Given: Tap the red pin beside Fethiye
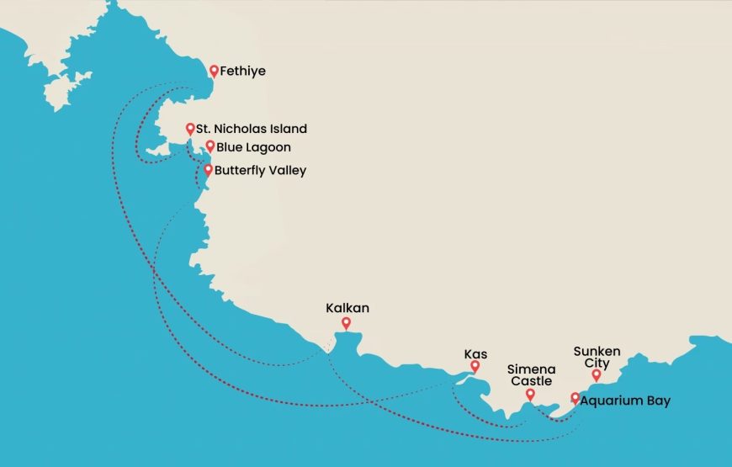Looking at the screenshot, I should tap(215, 72).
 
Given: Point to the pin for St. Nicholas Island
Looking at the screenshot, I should tap(190, 129).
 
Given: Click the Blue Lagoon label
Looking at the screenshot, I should tap(251, 146).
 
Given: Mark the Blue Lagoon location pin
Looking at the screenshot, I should tap(210, 146).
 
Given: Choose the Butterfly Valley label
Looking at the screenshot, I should tap(260, 170).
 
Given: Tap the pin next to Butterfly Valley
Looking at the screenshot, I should tap(208, 169).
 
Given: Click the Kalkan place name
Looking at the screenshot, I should tap(347, 308).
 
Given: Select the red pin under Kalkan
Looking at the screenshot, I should tap(346, 323).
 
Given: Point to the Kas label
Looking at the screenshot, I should tap(475, 353).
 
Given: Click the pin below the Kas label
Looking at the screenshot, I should tap(475, 367).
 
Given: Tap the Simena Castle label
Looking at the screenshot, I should tap(529, 374).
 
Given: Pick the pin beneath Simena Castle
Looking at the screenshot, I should tap(530, 394).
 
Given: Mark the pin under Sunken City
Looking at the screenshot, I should tap(597, 375).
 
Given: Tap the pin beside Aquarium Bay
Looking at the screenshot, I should tap(575, 398).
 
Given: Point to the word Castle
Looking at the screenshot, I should tap(530, 381).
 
